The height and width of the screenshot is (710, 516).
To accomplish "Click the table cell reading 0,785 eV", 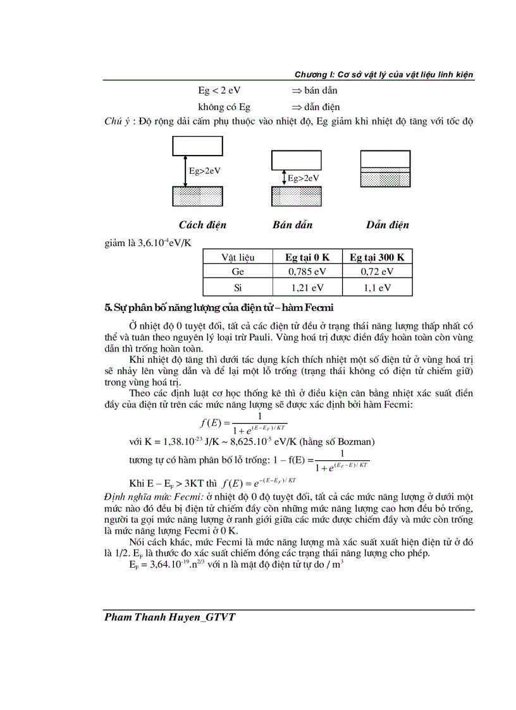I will point(306,272).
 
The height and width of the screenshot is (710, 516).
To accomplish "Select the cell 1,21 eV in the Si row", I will point(306,288).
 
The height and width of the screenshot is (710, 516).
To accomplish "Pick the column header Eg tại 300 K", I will point(377,257).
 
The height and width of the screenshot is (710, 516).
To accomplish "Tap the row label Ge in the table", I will point(238,272).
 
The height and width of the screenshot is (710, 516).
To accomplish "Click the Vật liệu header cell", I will point(238,257).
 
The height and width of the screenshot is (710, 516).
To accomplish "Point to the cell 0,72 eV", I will point(377,272).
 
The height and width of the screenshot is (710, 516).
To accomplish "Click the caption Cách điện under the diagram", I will point(202,225).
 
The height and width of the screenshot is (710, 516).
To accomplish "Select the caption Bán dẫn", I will point(292,225).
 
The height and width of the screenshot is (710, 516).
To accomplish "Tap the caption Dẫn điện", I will point(387,225).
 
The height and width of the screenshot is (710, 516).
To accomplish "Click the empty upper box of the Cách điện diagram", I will point(197,146).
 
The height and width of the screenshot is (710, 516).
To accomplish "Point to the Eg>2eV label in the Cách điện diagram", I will point(206,171).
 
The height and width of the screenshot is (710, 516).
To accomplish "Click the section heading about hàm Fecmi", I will point(219,308).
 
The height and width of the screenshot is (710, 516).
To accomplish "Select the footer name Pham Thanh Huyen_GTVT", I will point(170,617).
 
